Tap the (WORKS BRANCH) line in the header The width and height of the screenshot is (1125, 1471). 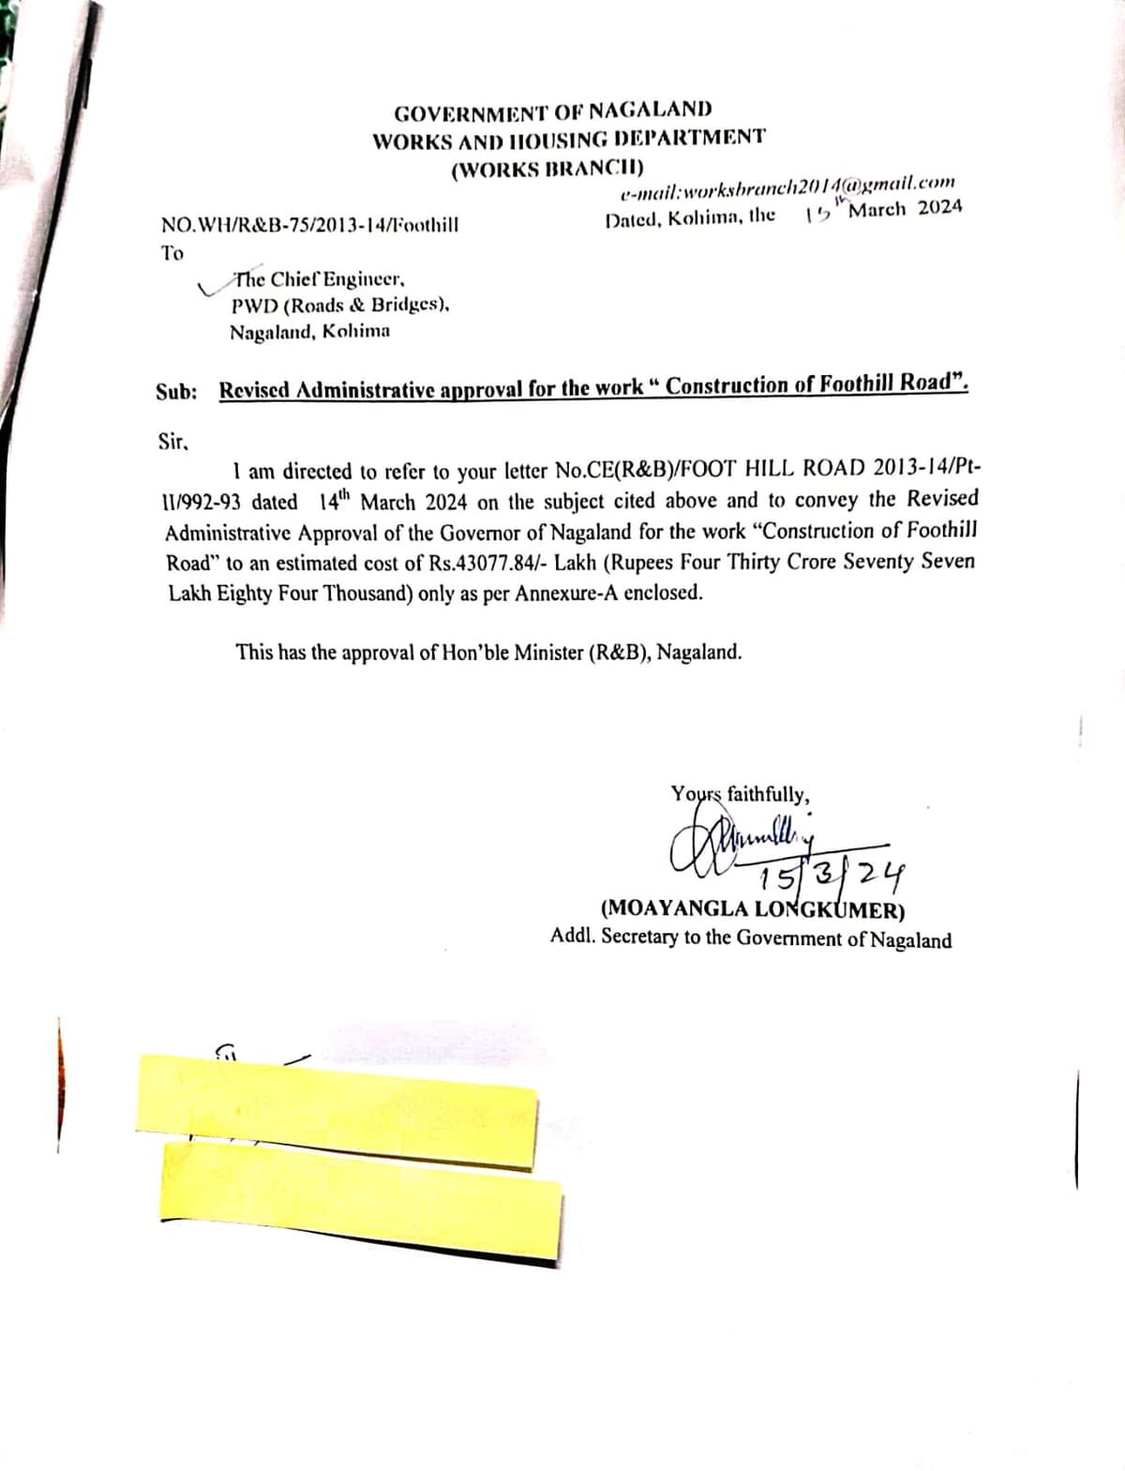tap(547, 170)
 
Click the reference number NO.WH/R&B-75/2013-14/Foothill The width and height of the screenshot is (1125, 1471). tap(309, 225)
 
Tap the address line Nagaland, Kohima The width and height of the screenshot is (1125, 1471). tap(310, 331)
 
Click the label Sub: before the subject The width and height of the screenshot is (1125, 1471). tap(176, 391)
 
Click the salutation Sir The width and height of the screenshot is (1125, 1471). tap(174, 441)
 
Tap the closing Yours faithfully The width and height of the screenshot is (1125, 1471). tap(741, 795)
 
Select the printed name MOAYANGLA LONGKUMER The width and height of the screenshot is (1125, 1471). tap(752, 908)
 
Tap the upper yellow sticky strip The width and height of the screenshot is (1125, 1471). tap(337, 1108)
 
